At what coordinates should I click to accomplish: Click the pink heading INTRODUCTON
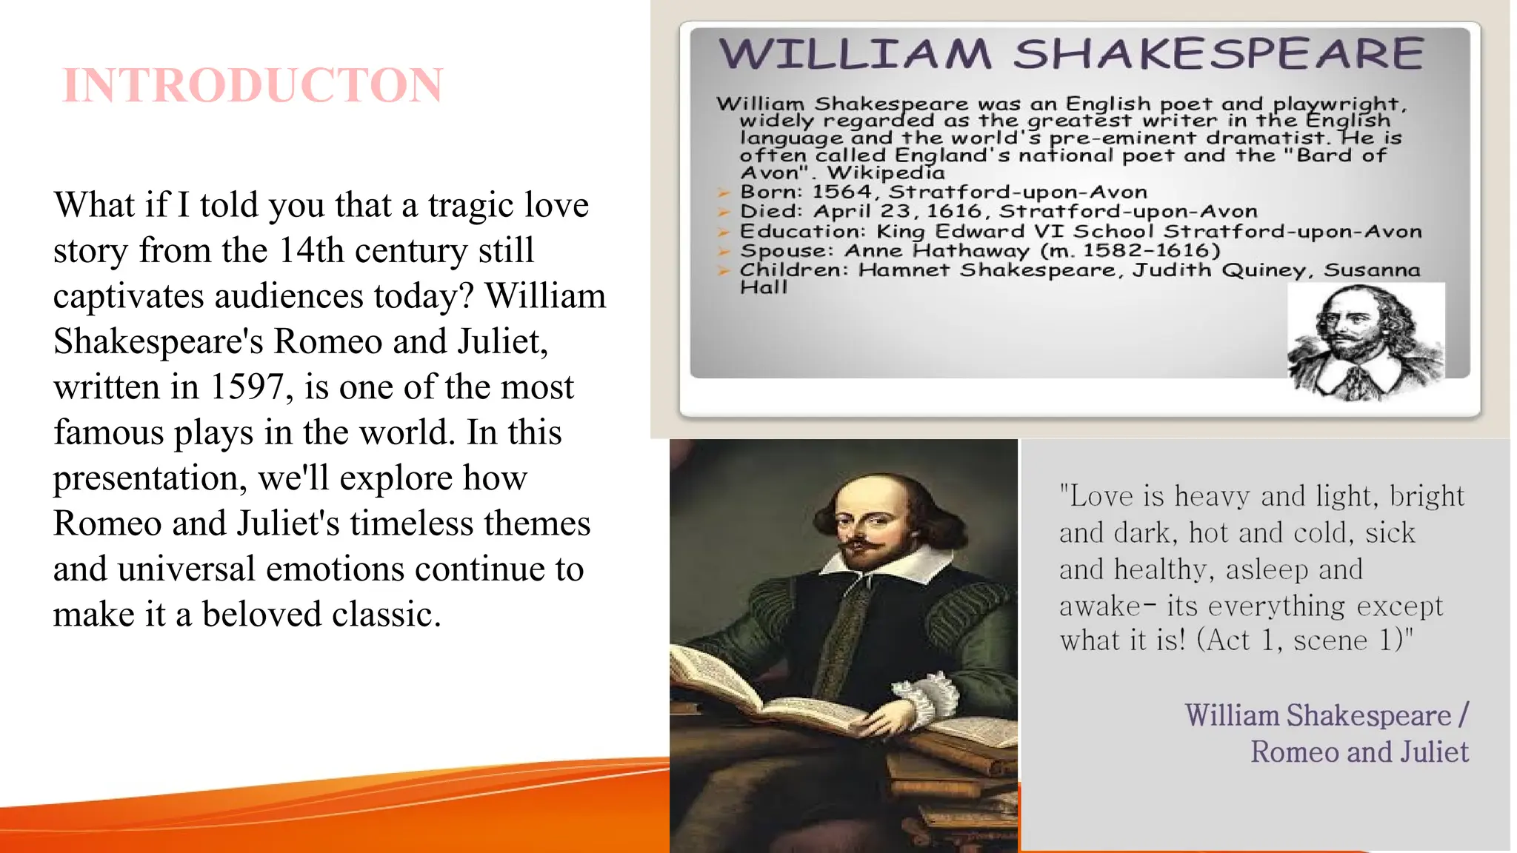point(253,85)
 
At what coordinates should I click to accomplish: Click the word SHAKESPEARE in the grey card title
point(1218,54)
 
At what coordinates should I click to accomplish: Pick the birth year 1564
point(842,193)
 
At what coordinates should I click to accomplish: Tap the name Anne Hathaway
point(936,251)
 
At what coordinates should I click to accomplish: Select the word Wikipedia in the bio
point(886,173)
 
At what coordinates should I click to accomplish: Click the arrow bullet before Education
point(724,232)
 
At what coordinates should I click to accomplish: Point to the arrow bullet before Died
point(724,213)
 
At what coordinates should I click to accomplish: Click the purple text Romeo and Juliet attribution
point(1359,752)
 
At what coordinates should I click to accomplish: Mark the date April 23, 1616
point(897,212)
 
